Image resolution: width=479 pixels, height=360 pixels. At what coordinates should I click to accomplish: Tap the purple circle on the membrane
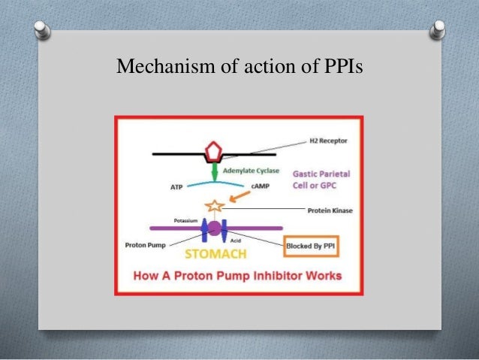(215, 228)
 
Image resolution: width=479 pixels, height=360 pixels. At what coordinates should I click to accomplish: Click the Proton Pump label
(145, 245)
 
